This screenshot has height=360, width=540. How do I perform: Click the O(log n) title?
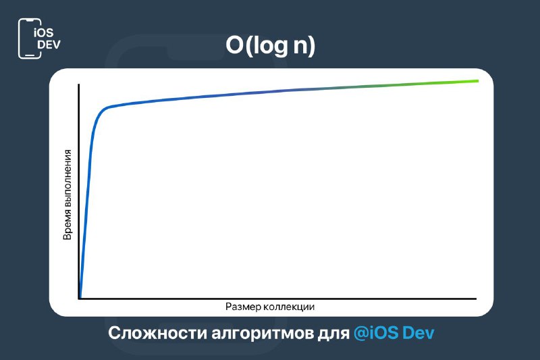point(271,45)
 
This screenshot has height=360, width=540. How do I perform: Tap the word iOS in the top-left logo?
point(44,32)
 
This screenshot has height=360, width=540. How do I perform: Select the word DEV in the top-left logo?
point(49,45)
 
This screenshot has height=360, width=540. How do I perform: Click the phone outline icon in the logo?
point(30,38)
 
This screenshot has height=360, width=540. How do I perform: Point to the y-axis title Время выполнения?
point(67,195)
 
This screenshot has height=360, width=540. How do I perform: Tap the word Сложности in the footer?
point(157,333)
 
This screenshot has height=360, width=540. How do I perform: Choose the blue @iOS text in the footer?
point(376,333)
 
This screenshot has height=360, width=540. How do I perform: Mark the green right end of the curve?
point(477,81)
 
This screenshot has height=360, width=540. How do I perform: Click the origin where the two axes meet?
point(79,299)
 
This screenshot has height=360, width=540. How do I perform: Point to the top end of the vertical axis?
point(79,84)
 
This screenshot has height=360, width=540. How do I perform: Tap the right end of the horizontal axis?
point(476,299)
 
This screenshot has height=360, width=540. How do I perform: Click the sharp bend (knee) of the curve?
point(105,109)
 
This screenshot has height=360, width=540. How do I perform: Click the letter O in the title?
point(234,45)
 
